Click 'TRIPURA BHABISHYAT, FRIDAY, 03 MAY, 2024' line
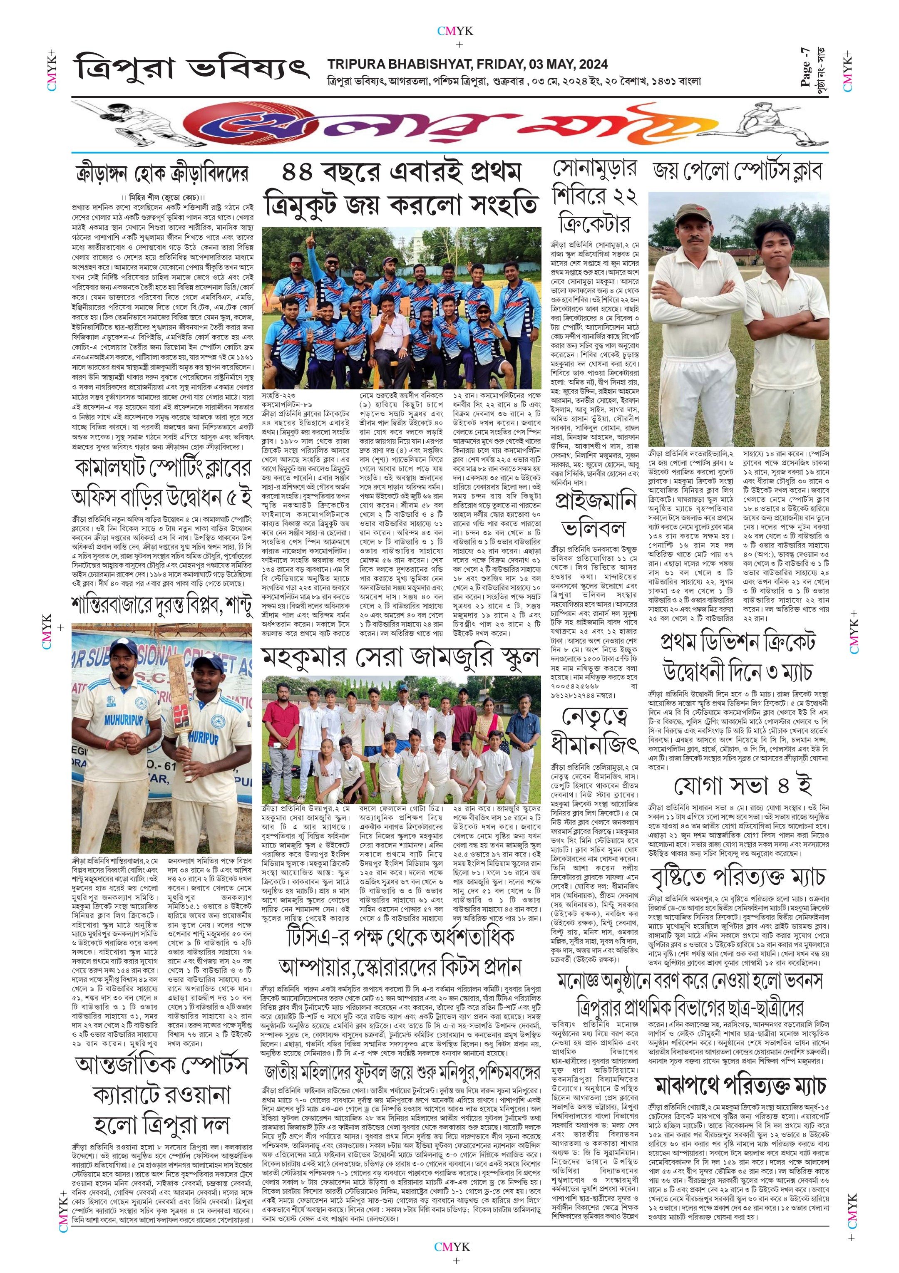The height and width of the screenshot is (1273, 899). (x=467, y=64)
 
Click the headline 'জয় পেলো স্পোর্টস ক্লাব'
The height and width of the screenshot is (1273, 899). (x=738, y=172)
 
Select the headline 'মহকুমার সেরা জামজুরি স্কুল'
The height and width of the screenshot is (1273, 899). (x=400, y=658)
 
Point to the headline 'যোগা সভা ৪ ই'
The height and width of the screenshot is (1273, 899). (x=742, y=786)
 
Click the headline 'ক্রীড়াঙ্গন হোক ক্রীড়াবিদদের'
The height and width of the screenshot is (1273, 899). (x=162, y=175)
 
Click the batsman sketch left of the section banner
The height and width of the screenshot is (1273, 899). (x=125, y=123)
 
